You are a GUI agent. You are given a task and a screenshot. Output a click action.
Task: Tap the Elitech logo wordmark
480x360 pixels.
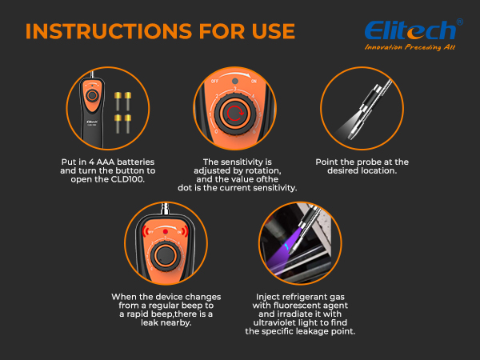(x=410, y=30)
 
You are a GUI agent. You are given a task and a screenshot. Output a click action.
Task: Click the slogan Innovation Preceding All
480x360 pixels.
(x=410, y=48)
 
